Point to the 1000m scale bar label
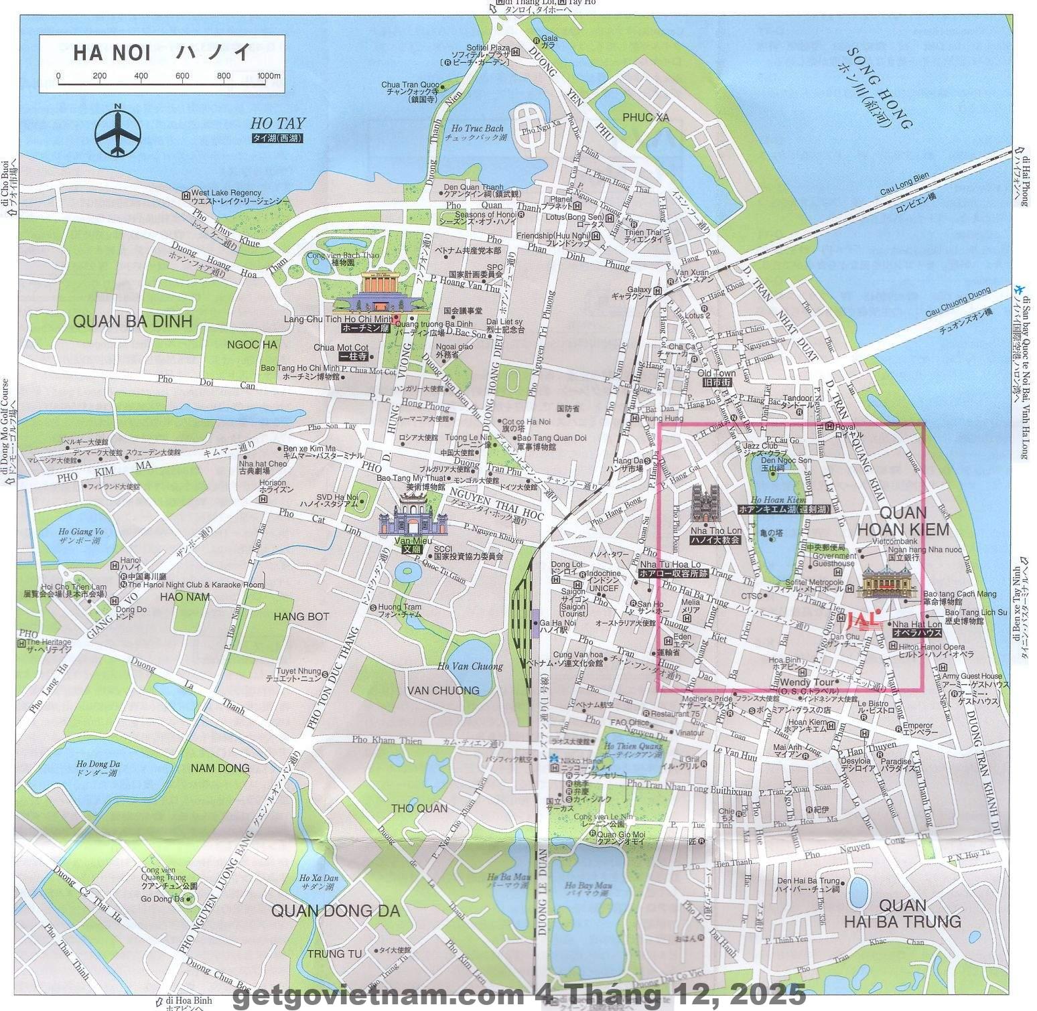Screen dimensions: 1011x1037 click(269, 76)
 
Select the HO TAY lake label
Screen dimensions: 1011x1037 click(277, 123)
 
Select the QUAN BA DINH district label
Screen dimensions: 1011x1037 click(132, 321)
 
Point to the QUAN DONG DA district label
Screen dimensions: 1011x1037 click(335, 911)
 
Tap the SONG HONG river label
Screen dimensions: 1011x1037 click(880, 88)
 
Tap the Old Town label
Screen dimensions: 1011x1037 click(716, 373)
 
